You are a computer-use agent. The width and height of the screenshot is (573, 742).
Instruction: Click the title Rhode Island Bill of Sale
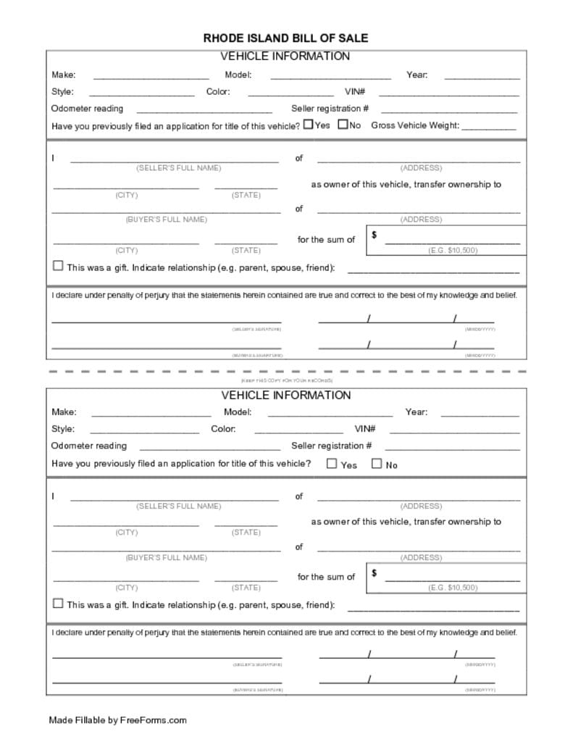point(285,38)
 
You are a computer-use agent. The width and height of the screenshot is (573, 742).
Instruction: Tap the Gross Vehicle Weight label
point(415,125)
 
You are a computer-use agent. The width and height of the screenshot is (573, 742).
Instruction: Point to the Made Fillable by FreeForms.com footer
point(117,720)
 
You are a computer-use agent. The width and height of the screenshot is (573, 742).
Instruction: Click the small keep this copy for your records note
point(286,380)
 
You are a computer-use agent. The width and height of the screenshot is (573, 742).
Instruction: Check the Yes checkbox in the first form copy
point(308,125)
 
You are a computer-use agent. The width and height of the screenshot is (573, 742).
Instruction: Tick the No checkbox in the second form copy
point(376,464)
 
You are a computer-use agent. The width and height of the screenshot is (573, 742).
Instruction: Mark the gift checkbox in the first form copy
point(58,266)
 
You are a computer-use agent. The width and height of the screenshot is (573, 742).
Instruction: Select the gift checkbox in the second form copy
point(58,603)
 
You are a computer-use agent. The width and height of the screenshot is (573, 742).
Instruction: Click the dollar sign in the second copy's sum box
point(374,572)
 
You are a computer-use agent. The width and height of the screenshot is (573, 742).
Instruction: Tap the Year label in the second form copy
point(416,412)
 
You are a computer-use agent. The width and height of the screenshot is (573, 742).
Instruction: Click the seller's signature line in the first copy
point(166,320)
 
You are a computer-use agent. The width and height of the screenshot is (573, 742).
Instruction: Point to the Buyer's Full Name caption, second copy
point(166,557)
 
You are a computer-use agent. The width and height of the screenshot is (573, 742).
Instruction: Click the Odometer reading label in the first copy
point(87,109)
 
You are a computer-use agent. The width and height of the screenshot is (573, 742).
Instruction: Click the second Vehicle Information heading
point(285,396)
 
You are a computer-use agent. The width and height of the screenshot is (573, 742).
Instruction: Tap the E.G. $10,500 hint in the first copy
point(452,250)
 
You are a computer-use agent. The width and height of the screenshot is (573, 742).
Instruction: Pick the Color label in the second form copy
point(223,429)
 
